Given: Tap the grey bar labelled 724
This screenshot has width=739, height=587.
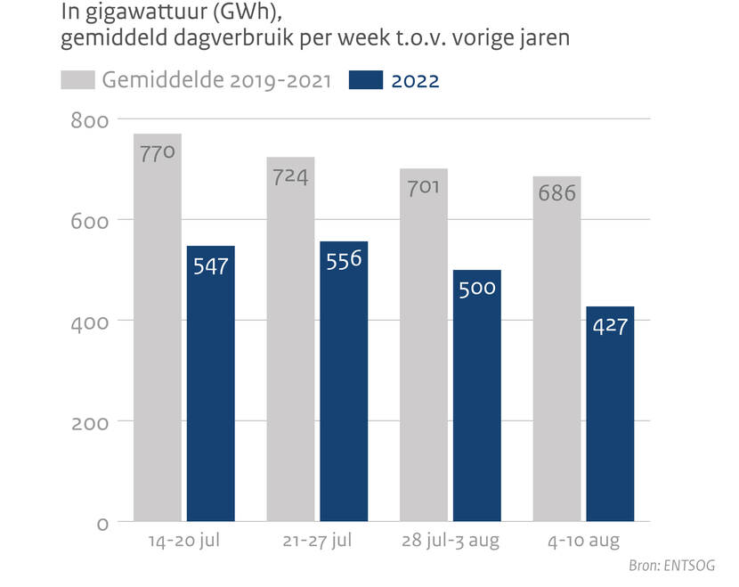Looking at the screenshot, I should [x=290, y=347].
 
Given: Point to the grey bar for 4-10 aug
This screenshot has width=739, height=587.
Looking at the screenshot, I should [x=557, y=356].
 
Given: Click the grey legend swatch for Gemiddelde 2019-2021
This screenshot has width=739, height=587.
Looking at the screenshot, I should [x=78, y=80].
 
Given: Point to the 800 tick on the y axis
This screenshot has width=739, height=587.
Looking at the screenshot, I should [x=89, y=120].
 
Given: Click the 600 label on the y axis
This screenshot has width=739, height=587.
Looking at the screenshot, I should [x=89, y=220].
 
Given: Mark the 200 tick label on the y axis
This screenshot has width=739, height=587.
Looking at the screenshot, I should [x=89, y=421].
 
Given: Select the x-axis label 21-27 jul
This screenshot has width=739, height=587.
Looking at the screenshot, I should [x=317, y=542].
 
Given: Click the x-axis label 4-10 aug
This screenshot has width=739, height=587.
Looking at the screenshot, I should [x=583, y=542].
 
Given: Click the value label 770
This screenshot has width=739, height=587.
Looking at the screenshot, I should [x=158, y=152].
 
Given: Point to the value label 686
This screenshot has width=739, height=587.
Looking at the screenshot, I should [x=557, y=193].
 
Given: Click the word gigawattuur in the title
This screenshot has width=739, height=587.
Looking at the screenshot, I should [x=124, y=13].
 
